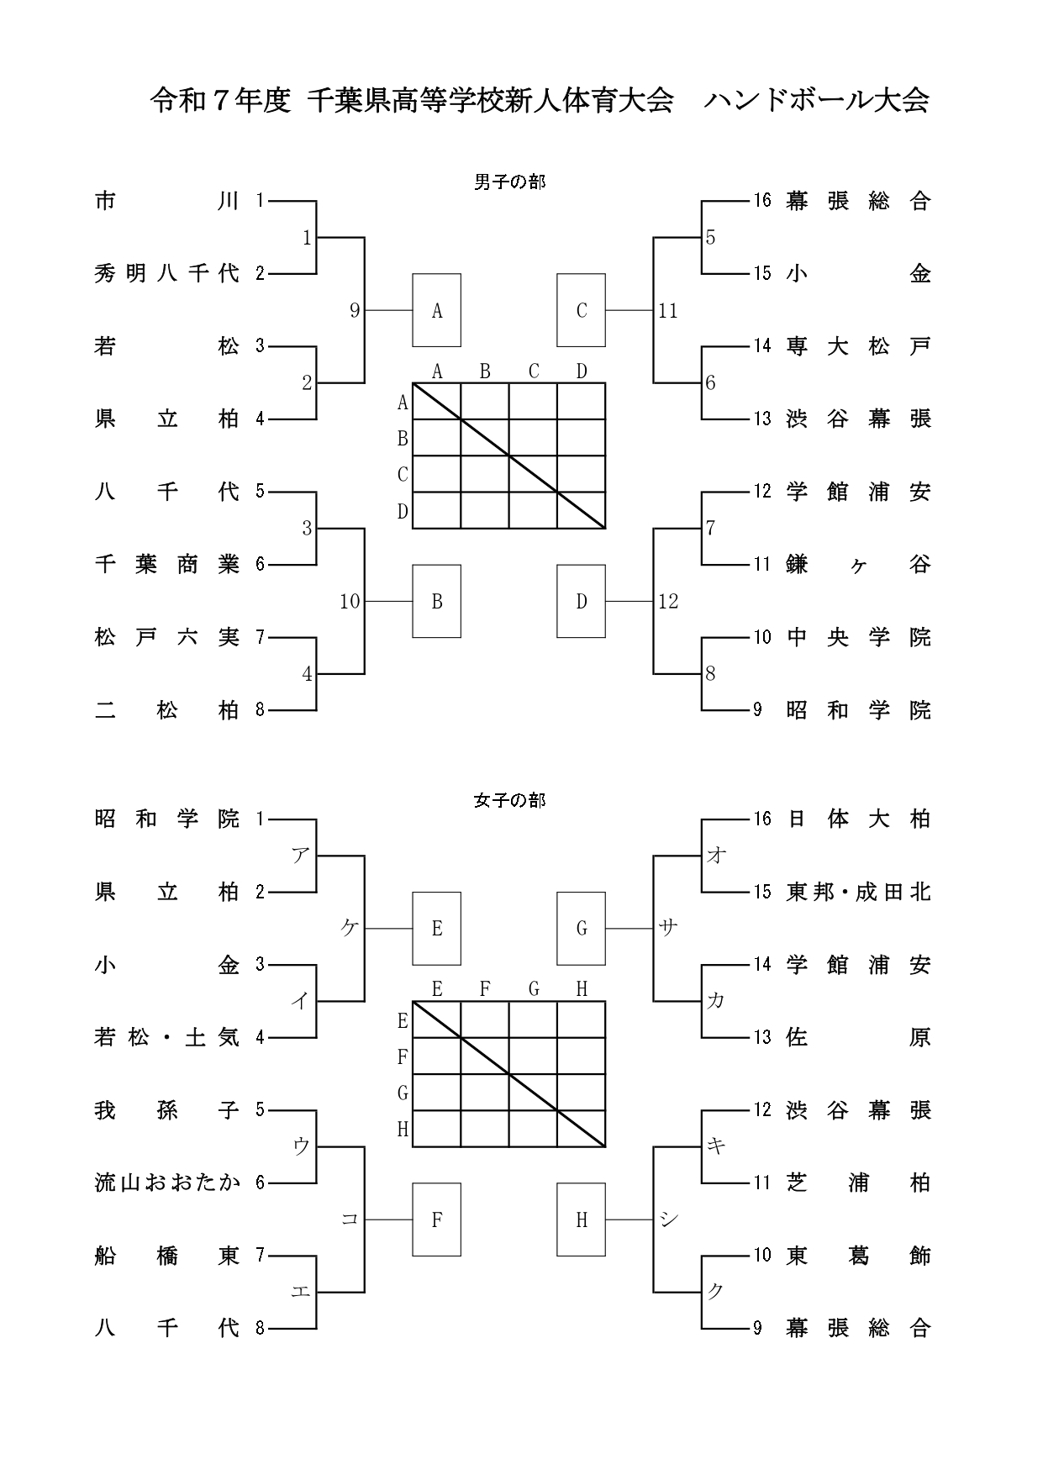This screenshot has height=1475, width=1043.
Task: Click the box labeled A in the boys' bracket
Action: tap(436, 310)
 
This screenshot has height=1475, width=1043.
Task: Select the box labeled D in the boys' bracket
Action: tap(581, 601)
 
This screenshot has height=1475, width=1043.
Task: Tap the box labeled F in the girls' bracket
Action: tap(436, 1220)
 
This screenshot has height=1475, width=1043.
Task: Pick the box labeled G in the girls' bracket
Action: tap(581, 928)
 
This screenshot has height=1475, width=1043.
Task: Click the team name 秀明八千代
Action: tap(167, 273)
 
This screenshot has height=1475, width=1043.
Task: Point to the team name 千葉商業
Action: tap(167, 564)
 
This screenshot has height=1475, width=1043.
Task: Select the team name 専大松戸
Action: tap(858, 345)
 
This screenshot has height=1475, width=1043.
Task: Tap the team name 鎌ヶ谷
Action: tap(858, 564)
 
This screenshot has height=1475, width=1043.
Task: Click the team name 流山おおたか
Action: tap(167, 1183)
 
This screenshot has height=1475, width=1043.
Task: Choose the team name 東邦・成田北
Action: tap(858, 891)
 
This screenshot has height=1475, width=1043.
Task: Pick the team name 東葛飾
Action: tap(858, 1256)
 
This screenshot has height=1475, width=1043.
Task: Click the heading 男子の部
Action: tap(509, 182)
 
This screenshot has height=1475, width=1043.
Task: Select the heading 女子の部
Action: tap(509, 800)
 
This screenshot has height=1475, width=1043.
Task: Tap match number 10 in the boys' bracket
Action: tap(350, 601)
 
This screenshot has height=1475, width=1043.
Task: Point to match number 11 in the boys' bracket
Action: tap(668, 311)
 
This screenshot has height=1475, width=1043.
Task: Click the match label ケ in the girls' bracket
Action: tap(350, 928)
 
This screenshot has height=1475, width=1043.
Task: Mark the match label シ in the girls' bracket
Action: tap(668, 1220)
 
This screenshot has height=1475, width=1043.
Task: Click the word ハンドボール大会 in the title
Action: tap(816, 101)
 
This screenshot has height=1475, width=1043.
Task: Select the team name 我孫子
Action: tap(167, 1109)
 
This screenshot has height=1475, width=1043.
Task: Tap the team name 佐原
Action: tap(858, 1037)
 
